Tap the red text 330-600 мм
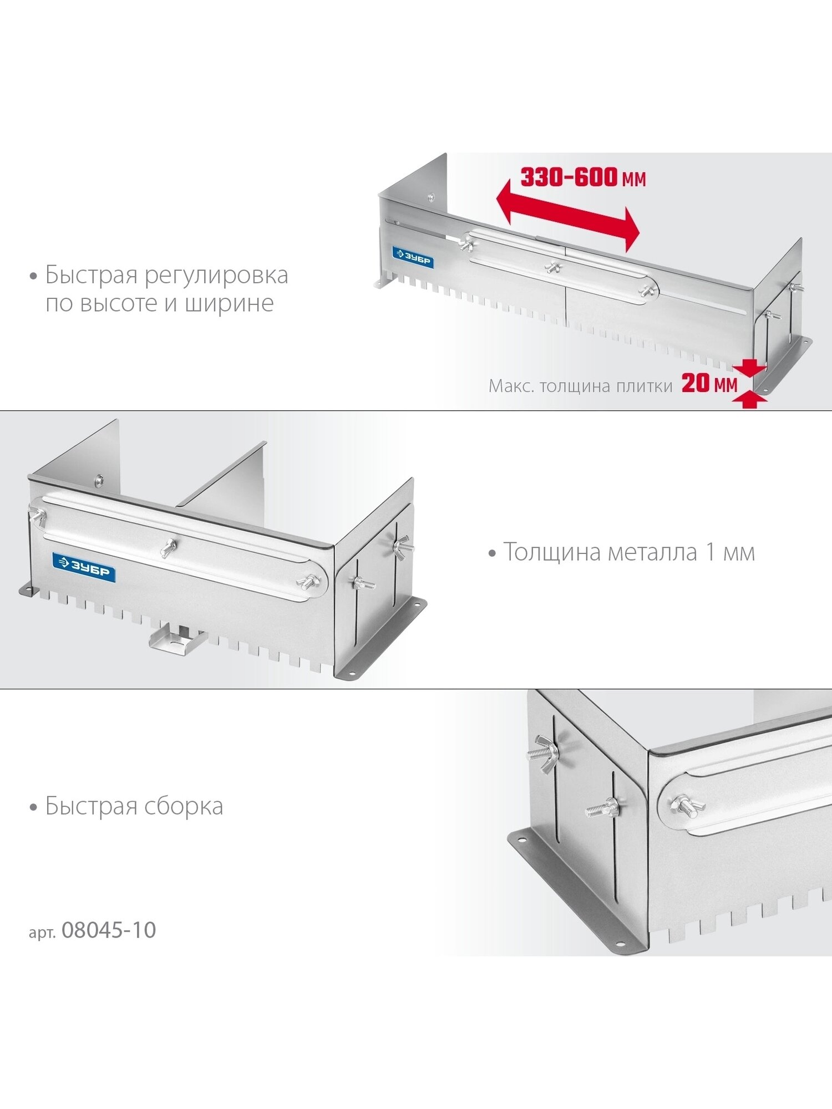583,177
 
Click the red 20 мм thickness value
709,383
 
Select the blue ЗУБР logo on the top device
413,257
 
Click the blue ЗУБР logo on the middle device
84,567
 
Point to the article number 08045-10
109,930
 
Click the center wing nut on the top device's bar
553,267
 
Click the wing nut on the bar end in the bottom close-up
686,803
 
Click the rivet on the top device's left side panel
431,196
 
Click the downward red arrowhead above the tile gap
749,368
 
